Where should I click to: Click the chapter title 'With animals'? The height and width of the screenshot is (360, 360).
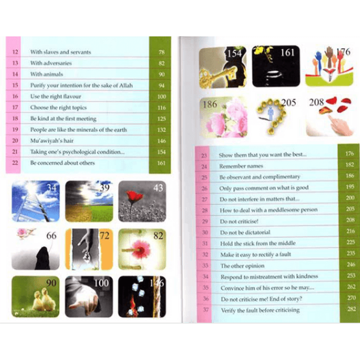coord(47,74)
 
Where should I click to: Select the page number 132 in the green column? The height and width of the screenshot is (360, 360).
coord(161,130)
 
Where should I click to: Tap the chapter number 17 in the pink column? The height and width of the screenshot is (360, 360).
coord(15,107)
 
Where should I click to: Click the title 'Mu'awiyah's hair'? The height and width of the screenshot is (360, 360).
coord(52,140)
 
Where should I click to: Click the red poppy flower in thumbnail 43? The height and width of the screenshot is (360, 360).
coord(135,198)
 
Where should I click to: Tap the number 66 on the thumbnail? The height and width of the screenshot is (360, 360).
coord(51,236)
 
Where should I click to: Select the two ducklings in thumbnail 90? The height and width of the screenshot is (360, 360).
coord(44,299)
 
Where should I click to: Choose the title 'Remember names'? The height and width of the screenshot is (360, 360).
coord(241,166)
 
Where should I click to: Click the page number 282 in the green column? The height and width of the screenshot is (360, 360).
coord(352,309)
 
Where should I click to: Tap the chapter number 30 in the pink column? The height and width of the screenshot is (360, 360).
coord(205,232)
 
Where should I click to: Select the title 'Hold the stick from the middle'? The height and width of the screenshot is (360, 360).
coord(258,243)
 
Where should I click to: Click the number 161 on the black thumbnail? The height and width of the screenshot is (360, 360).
coord(287,53)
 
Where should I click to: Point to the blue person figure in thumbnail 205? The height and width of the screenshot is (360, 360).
coord(271,114)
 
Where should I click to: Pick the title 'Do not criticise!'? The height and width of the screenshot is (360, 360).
coord(239,222)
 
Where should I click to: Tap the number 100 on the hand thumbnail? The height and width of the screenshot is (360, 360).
coord(101,283)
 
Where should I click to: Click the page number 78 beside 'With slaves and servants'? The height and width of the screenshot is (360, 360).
coord(161,52)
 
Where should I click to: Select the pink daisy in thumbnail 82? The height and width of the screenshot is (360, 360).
coord(140,250)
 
